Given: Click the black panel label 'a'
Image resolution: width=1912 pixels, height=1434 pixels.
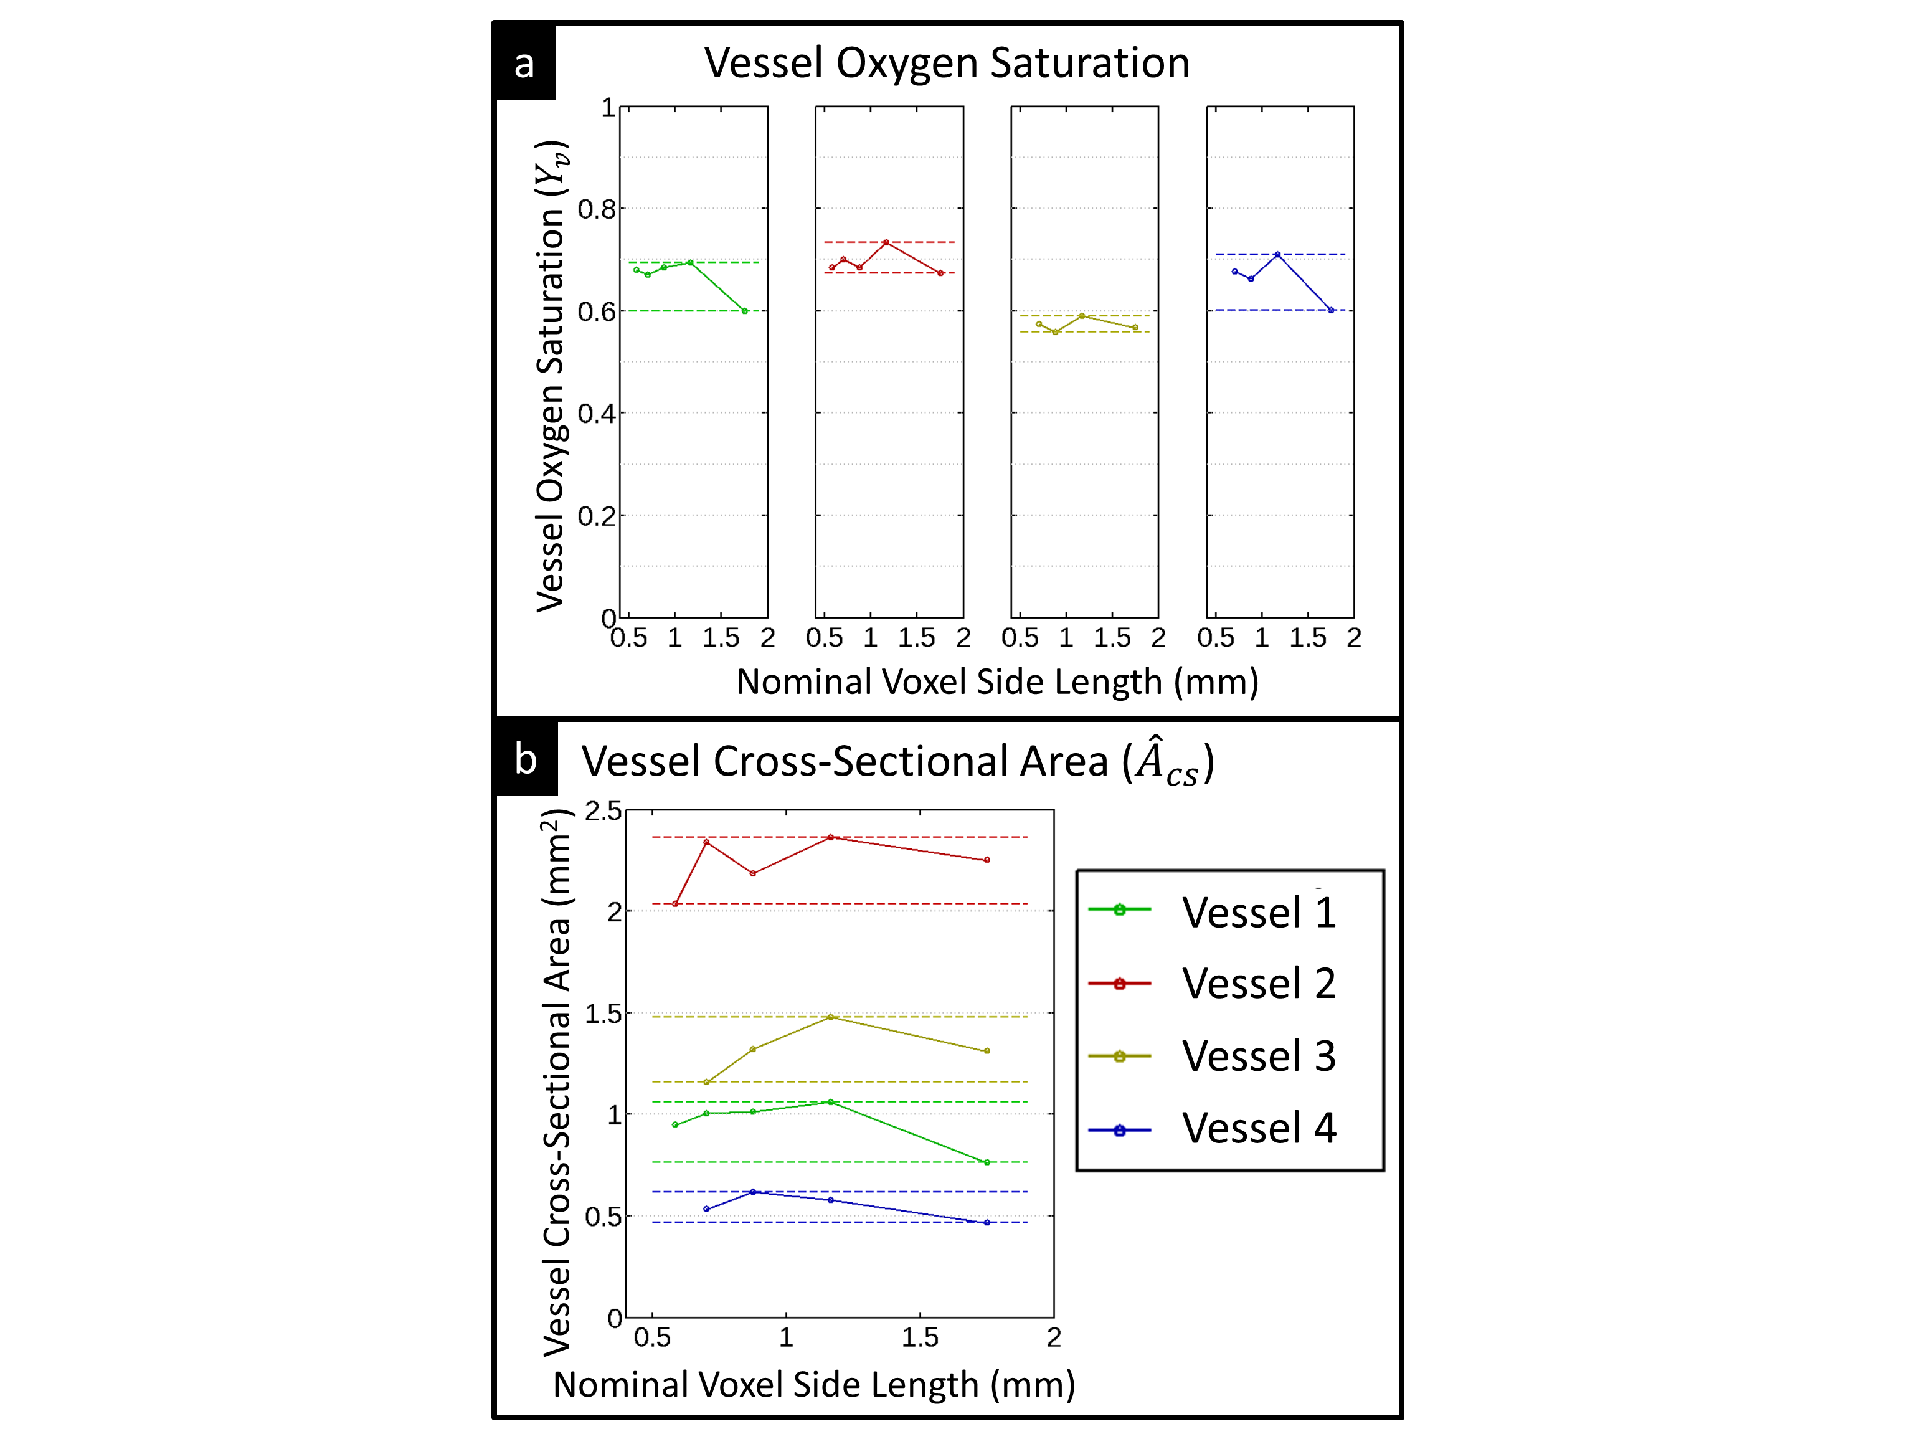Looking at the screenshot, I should (x=524, y=63).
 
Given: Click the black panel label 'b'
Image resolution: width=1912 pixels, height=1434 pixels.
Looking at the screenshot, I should (x=526, y=759).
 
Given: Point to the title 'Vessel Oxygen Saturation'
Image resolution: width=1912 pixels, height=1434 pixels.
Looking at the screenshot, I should (x=947, y=63).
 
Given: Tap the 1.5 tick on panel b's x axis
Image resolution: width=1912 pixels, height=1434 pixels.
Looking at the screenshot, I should (x=920, y=1337).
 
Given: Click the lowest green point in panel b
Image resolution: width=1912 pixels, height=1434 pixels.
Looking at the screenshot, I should (x=987, y=1162).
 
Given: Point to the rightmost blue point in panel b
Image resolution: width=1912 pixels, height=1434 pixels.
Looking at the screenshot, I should (x=987, y=1222).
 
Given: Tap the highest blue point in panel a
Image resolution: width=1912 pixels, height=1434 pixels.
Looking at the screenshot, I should (x=1277, y=254).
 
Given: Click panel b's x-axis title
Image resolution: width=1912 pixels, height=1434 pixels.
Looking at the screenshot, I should (x=813, y=1385).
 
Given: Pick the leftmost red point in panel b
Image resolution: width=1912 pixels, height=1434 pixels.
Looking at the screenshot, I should (x=675, y=904).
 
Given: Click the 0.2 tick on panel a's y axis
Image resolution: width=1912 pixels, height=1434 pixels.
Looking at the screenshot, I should (x=597, y=516).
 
